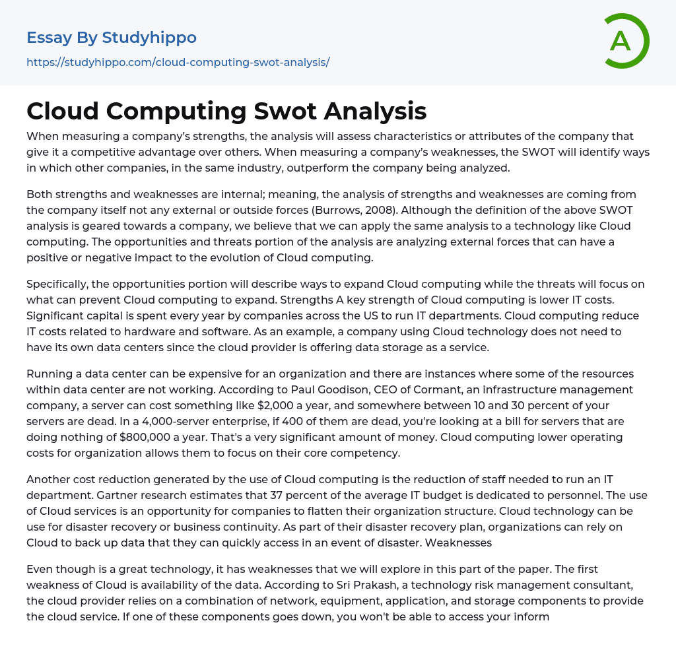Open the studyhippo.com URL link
(178, 63)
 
